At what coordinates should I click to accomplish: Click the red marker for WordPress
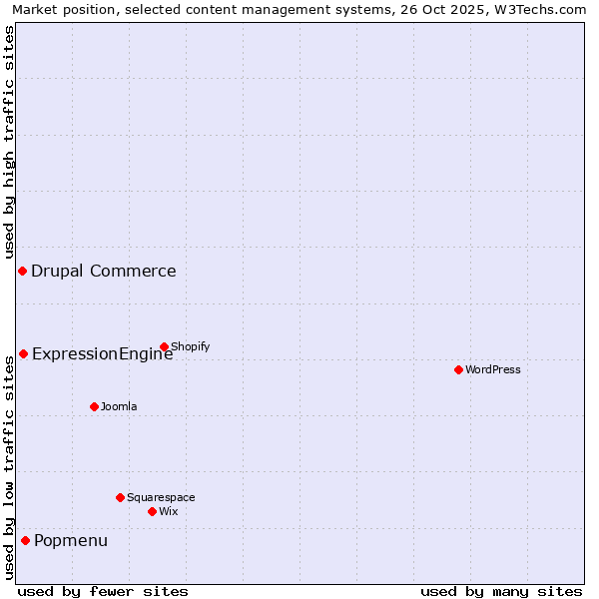click(x=458, y=369)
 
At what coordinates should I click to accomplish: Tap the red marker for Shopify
click(x=164, y=346)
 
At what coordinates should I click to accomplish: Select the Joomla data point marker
click(x=94, y=406)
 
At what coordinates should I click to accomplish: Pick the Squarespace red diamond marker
click(x=120, y=497)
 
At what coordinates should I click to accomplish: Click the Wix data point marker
click(x=152, y=511)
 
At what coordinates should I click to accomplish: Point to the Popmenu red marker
click(x=25, y=541)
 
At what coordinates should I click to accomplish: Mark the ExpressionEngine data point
click(x=23, y=353)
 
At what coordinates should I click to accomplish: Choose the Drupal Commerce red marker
click(x=22, y=271)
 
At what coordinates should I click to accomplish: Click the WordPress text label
click(x=493, y=369)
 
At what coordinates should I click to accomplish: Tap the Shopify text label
click(x=190, y=346)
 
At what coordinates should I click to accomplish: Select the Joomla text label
click(x=119, y=406)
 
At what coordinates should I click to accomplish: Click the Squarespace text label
click(x=161, y=497)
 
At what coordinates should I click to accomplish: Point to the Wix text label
click(x=168, y=511)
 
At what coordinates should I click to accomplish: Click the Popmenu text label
click(x=71, y=541)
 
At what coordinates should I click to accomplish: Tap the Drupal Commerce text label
click(x=104, y=271)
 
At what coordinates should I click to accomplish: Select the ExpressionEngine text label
click(x=103, y=353)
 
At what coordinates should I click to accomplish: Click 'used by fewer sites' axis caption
click(x=103, y=591)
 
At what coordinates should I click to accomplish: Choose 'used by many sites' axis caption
click(x=501, y=591)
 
